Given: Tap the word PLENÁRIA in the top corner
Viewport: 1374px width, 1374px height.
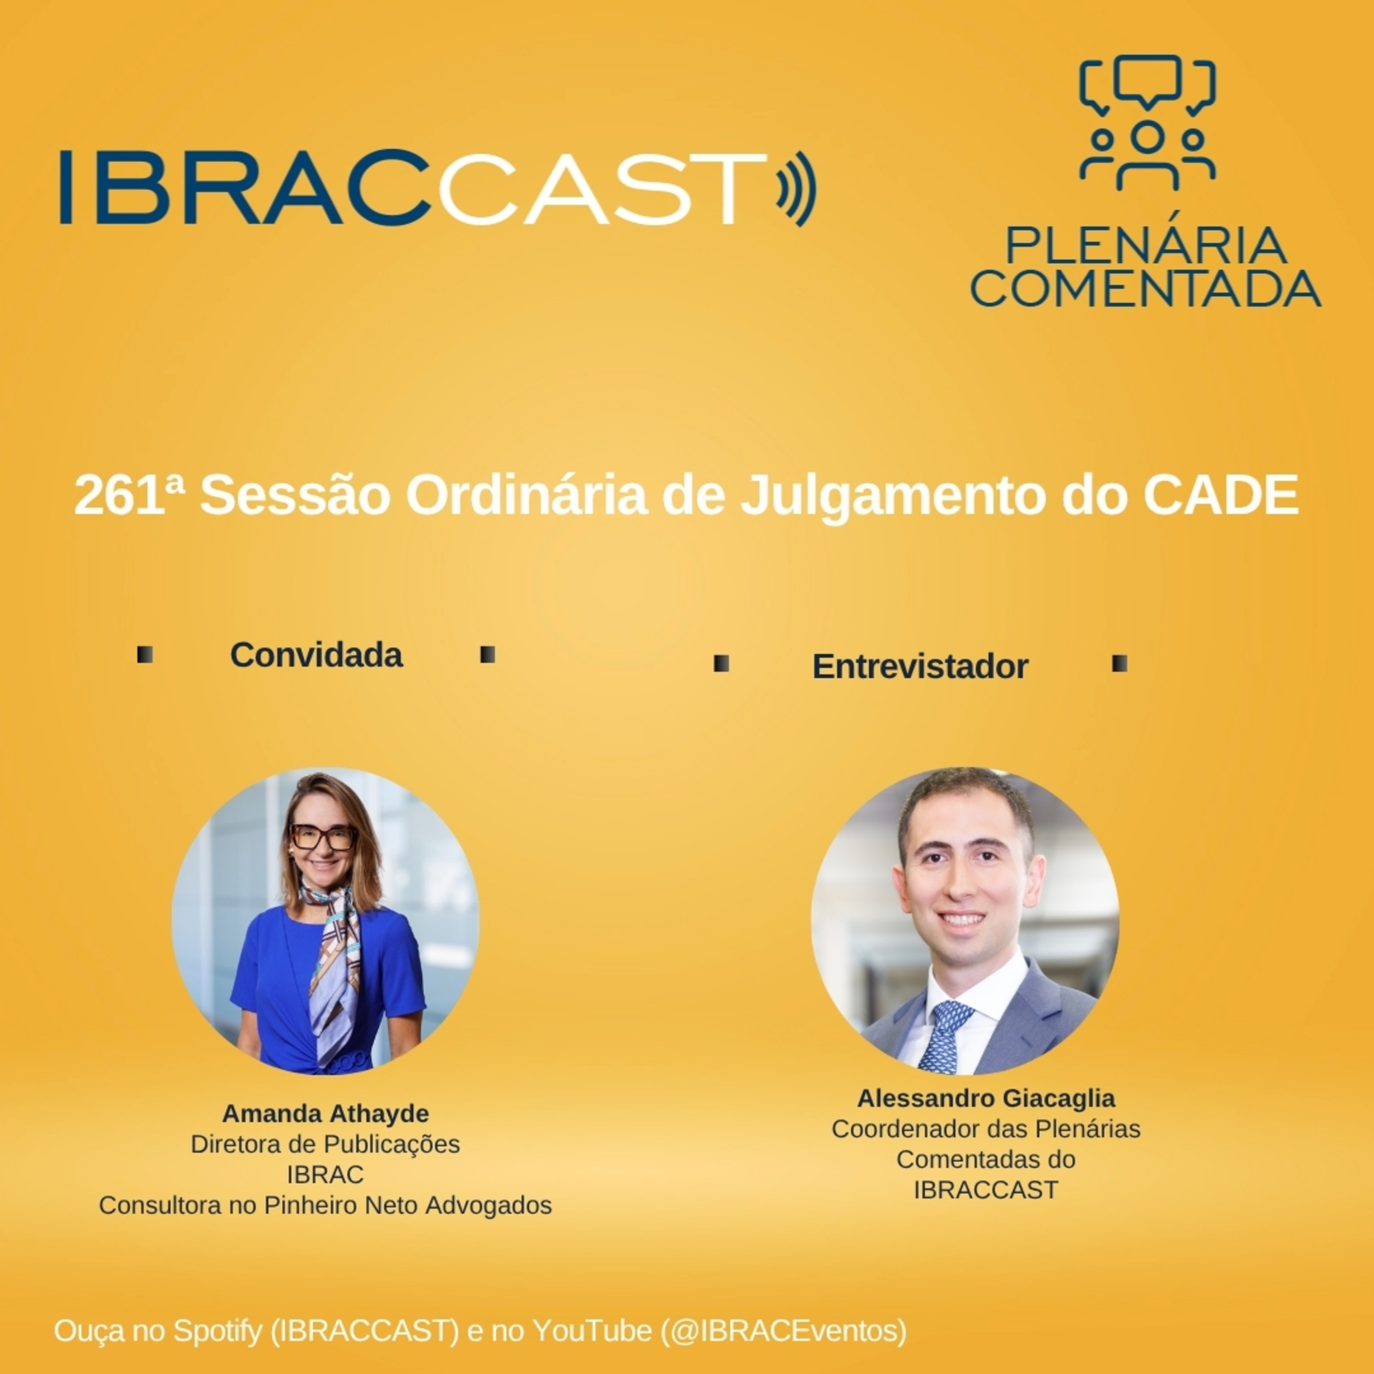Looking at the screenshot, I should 1145,246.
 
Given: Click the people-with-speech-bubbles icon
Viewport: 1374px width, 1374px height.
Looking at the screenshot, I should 1146,122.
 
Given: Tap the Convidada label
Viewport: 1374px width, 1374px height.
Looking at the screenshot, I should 316,655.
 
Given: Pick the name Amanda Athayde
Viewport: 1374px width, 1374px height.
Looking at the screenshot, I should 325,1113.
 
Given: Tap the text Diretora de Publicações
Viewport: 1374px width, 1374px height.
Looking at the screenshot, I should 325,1144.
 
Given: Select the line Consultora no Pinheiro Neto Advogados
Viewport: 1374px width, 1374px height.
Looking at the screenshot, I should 325,1205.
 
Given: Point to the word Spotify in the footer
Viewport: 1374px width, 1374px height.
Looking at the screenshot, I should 217,1330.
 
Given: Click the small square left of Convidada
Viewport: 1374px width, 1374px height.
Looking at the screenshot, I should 145,655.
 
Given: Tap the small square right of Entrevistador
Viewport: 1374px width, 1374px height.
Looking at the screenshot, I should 1119,664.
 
